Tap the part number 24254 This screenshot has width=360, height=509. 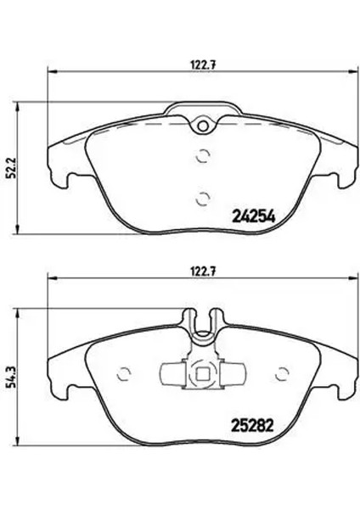coord(252,215)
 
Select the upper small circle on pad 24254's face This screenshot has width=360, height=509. coord(202,155)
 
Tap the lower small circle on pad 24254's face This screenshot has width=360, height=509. coord(202,199)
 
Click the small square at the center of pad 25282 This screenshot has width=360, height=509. coord(202,373)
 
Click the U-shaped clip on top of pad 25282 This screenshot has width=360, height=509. coord(202,325)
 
